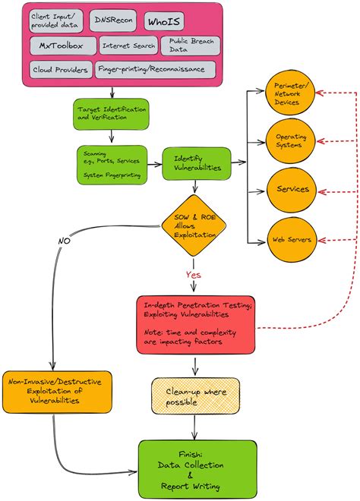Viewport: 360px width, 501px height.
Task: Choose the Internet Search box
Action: [128, 46]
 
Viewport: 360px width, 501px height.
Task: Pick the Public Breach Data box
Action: [190, 46]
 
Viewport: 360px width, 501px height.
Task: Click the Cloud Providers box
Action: [60, 70]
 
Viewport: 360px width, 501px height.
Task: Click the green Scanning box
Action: [112, 164]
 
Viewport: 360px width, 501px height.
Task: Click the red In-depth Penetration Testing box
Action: [196, 324]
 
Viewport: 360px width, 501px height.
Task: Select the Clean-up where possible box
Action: [196, 395]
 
